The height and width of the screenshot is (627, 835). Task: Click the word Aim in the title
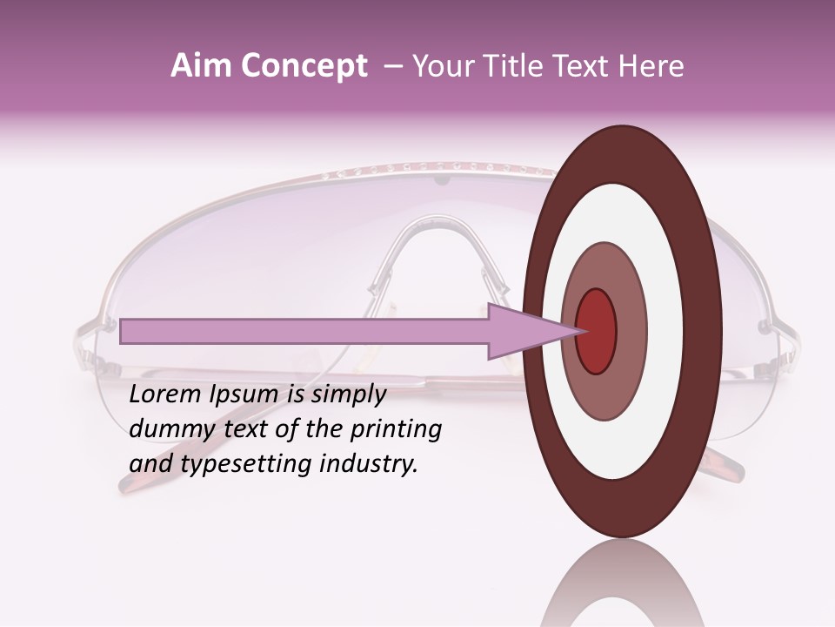200,66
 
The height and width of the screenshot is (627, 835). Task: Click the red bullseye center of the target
596,331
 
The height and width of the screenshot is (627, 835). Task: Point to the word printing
396,429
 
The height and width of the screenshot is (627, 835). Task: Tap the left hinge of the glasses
109,329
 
